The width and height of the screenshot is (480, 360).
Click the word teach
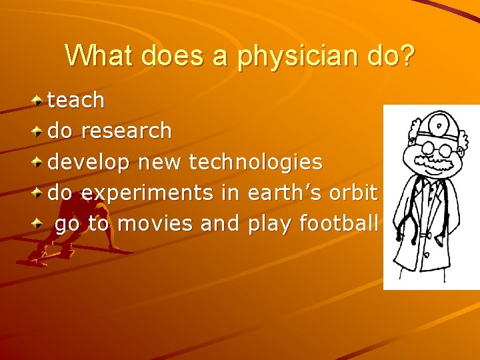coord(76,100)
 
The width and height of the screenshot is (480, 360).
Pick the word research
coord(126,131)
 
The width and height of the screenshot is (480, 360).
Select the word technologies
coord(256,161)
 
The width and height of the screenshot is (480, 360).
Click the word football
coord(339,223)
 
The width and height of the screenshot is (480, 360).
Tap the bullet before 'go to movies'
coord(39,224)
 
